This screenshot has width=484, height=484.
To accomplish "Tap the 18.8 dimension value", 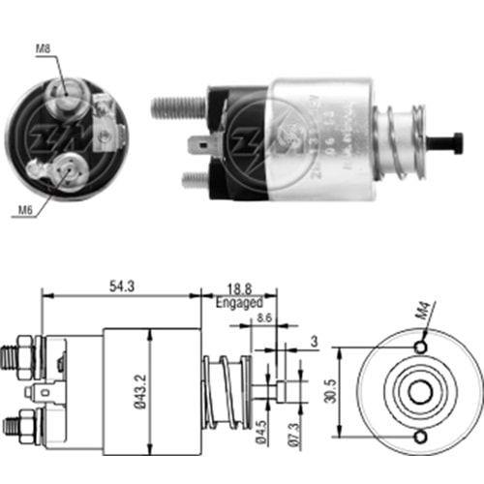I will click(x=237, y=287).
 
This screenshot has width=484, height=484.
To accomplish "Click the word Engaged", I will click(x=239, y=302).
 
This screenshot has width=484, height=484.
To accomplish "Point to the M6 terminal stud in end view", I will click(x=67, y=172).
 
